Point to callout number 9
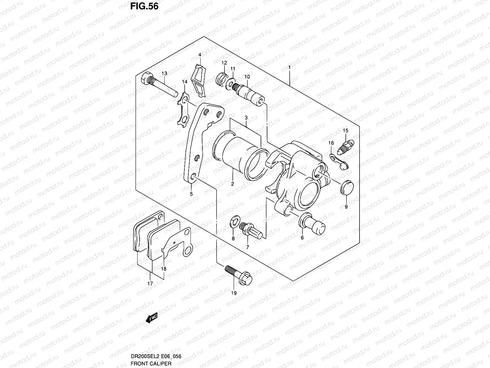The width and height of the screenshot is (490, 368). coord(346,207)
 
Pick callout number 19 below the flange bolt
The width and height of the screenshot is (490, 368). coord(234,293)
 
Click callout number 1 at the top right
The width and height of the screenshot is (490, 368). coord(289,67)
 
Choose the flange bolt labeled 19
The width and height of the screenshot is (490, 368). coord(238,274)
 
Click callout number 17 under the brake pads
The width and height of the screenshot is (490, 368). coord(150,284)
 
